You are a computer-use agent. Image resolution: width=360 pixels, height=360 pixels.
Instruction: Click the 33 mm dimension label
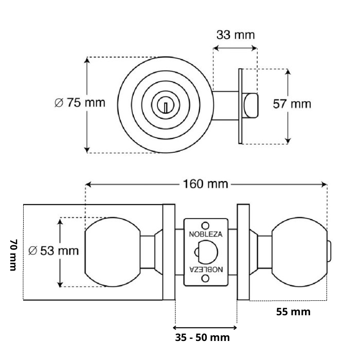point(236,35)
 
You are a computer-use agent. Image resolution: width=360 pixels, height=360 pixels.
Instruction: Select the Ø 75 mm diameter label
point(80,102)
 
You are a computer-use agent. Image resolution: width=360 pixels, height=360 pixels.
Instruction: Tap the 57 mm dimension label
point(292,104)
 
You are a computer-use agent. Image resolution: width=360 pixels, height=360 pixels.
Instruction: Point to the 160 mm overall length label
point(206,184)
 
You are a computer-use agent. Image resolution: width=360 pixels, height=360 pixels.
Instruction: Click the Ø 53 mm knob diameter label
point(53,250)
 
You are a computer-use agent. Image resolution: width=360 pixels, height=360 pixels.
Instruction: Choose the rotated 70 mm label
point(14,255)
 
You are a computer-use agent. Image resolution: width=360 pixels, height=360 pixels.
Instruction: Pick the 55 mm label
point(293,312)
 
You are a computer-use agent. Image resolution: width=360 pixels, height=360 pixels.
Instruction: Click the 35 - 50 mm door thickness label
point(202,337)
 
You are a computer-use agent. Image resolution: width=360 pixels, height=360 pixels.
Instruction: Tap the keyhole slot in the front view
point(165,107)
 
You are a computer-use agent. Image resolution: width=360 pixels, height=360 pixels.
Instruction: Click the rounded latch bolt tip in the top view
point(251,105)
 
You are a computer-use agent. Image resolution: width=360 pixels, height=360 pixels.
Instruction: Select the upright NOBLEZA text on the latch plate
point(206,234)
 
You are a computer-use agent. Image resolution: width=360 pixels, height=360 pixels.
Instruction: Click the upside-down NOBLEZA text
point(206,269)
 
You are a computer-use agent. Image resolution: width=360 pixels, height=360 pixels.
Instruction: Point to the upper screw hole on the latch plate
point(205,225)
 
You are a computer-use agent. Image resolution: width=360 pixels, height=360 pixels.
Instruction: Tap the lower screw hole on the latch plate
point(205,279)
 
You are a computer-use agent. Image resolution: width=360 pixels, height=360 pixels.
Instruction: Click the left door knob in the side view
point(113,252)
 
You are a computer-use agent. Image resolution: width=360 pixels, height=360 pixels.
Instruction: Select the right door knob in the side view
point(299,252)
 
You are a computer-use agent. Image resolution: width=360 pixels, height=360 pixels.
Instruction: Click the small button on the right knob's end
point(329,251)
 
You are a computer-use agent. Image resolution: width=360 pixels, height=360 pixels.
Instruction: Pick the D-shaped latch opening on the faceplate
point(206,252)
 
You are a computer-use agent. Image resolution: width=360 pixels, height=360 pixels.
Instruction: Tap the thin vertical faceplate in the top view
point(240,106)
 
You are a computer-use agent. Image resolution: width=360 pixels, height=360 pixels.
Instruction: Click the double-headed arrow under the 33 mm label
point(235,48)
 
